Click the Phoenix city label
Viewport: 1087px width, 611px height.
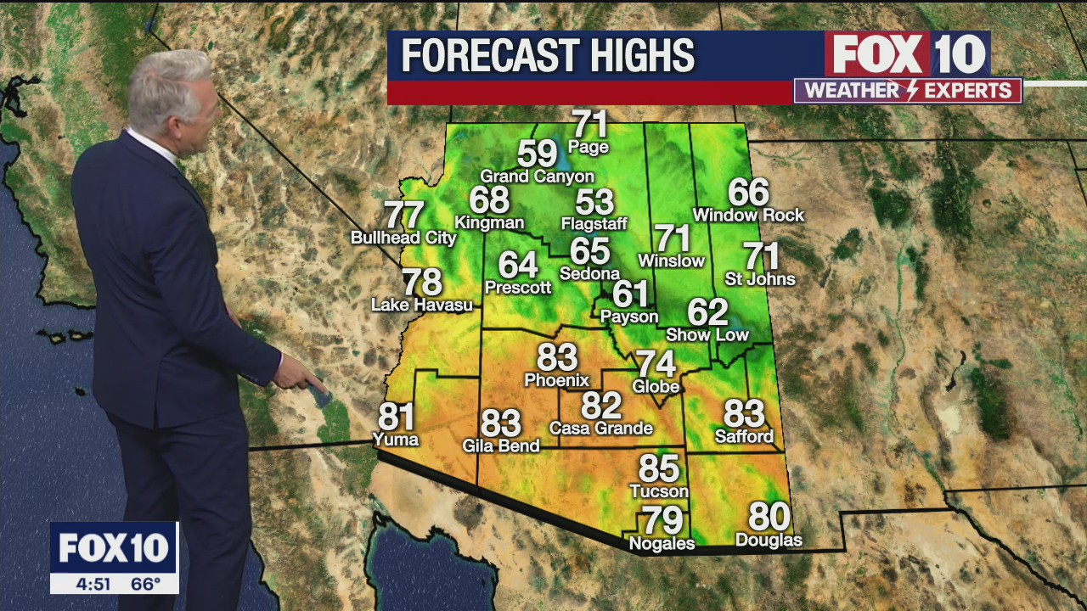[x=556, y=380]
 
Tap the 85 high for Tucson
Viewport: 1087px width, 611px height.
[x=659, y=468]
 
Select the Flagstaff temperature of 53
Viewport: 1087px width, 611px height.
[x=594, y=203]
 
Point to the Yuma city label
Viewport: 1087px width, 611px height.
[x=396, y=439]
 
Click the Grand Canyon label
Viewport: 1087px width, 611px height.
[x=537, y=177]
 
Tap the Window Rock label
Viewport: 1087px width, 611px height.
[x=748, y=216]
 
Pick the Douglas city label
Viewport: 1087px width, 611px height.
[x=769, y=540]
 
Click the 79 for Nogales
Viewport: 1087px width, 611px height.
[x=662, y=520]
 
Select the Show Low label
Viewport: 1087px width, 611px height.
[x=707, y=335]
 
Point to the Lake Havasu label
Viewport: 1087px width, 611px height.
[x=422, y=305]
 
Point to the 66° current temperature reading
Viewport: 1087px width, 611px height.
[x=145, y=584]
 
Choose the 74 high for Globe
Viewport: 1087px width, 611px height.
[x=656, y=364]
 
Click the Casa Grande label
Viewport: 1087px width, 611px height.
[x=600, y=429]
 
